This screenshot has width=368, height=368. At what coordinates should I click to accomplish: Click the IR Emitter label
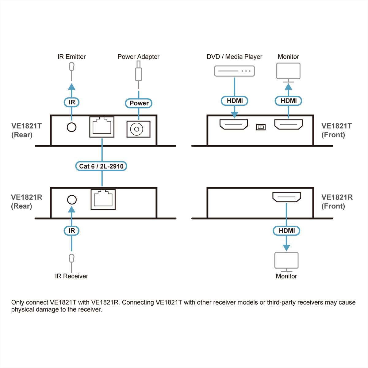click(x=71, y=57)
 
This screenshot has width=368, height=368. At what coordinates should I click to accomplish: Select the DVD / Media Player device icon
click(x=234, y=71)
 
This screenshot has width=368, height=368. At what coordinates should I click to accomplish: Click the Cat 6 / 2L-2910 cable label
click(x=101, y=166)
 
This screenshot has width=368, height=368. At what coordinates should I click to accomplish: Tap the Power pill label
click(x=139, y=103)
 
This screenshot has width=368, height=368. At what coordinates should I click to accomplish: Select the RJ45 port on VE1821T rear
click(x=102, y=127)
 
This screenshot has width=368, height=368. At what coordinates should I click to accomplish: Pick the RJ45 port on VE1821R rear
click(x=103, y=199)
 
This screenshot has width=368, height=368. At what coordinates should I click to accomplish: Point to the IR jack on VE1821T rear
click(x=71, y=127)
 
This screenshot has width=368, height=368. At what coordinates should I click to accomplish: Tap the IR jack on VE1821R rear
click(x=72, y=200)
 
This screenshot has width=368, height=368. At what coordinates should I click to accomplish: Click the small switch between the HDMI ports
click(x=261, y=127)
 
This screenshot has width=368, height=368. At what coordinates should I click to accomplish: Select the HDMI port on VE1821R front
click(x=286, y=197)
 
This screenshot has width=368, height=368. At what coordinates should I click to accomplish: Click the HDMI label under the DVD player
click(x=235, y=101)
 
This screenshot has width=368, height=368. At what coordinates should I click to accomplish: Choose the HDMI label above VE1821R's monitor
click(x=286, y=231)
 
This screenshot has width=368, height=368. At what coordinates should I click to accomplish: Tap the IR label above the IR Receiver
click(x=71, y=231)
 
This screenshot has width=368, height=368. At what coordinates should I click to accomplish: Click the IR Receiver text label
click(x=71, y=276)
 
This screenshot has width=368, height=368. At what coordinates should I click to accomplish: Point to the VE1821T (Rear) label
click(x=26, y=130)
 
